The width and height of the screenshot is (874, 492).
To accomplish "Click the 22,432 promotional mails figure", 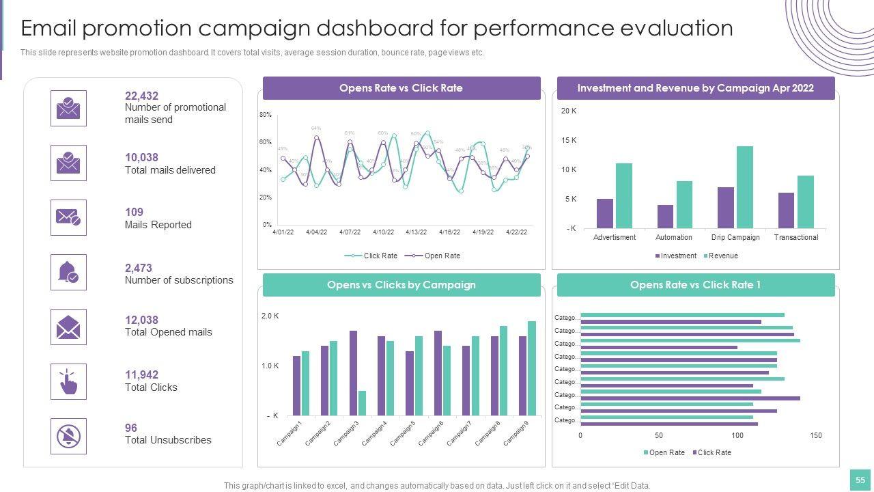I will click(141, 96).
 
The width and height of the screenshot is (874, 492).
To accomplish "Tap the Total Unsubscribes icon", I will click(68, 436).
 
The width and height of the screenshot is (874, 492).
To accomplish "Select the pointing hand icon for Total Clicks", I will click(68, 382).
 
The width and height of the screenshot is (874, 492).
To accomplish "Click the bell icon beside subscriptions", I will click(68, 272).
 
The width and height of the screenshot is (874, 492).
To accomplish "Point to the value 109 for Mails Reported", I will click(134, 212).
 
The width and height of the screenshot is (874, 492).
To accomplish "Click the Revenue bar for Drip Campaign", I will click(744, 187).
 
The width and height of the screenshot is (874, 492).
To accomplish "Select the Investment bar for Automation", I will click(665, 217).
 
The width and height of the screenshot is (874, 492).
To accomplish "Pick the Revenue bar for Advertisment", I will click(623, 195).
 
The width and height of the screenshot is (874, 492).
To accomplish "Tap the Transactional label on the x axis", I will click(796, 237).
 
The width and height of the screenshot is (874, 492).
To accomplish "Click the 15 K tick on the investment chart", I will click(569, 140).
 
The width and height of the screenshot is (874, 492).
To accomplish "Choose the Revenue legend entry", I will click(723, 256).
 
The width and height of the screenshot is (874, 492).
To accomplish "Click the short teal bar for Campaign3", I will click(362, 403).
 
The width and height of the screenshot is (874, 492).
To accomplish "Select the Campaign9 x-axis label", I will click(516, 433).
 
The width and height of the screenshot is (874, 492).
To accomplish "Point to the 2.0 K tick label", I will click(270, 316).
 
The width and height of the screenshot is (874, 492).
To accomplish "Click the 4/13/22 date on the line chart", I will click(417, 232).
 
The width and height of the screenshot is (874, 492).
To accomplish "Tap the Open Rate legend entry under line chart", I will click(442, 256).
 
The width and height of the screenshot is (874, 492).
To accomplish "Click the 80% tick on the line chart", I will click(266, 115).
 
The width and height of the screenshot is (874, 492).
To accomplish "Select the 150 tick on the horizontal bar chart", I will click(816, 435).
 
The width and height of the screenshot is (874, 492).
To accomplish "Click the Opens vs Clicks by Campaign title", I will click(401, 285).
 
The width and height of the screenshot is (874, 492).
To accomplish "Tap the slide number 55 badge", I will click(860, 480).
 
